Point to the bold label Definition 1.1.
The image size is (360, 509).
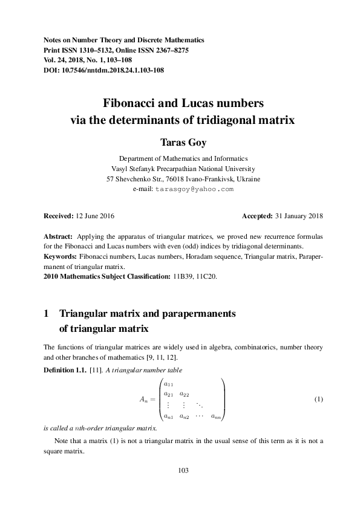[64, 369]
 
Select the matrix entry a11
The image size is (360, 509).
[169, 384]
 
